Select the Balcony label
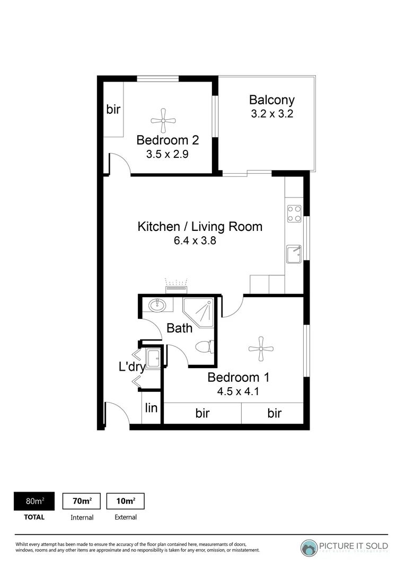coord(272,100)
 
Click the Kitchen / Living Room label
coord(200,227)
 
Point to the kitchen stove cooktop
coord(294,213)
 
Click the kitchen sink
coord(293,254)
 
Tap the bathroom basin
coord(157,305)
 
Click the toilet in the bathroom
coord(205,347)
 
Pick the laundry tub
coord(153,359)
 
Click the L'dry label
coord(131,367)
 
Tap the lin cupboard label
coord(152,408)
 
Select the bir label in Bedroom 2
coord(113,110)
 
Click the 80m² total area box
coord(35,501)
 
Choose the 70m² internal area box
coord(82,501)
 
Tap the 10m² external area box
coord(126,501)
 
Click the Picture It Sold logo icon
coord(309,548)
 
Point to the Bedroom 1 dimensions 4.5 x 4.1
coord(239,392)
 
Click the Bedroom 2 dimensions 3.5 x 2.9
coord(168,155)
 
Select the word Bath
coord(179,328)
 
